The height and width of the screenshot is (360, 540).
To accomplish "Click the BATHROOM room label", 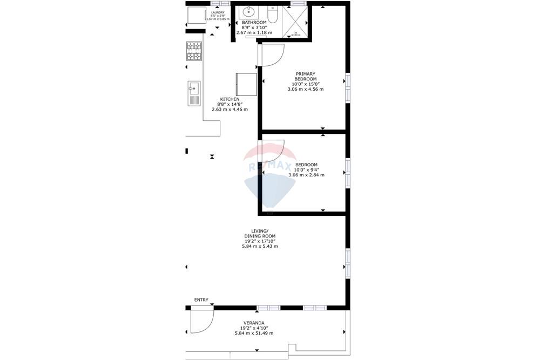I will [254, 22].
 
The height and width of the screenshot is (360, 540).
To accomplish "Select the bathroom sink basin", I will [249, 12].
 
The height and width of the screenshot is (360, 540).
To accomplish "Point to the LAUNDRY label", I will [218, 12].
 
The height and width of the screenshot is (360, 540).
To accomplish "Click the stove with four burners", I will [194, 52].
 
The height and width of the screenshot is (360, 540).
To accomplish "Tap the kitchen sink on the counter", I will [193, 92].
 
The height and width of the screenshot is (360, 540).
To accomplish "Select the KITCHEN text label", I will [230, 99].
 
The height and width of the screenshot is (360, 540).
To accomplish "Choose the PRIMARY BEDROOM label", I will [306, 76].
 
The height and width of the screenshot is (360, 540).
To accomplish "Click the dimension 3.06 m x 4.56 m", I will [306, 89].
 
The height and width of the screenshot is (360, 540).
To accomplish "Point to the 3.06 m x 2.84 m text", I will [306, 175].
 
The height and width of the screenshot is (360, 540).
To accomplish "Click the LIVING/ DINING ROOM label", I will [260, 233].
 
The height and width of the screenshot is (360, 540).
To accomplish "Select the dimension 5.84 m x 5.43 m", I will [260, 246].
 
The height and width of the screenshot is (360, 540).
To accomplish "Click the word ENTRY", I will [201, 300].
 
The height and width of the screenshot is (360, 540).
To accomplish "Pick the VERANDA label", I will [253, 322].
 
